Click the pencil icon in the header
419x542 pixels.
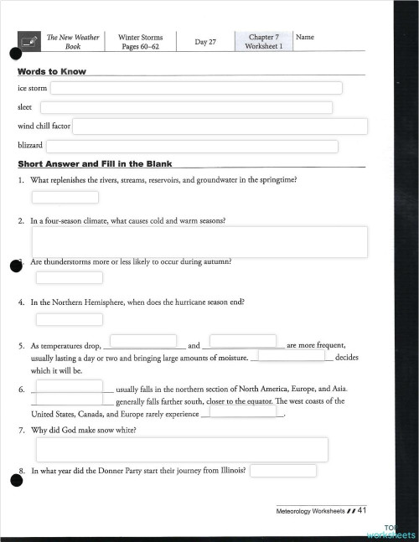(x=28, y=41)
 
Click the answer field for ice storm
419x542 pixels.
(x=196, y=88)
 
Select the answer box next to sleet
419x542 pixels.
(x=186, y=107)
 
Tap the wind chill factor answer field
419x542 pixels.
(x=220, y=126)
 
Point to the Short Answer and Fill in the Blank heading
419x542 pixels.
(x=95, y=163)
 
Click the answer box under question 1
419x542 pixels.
(x=65, y=198)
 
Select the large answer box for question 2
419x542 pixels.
(x=199, y=241)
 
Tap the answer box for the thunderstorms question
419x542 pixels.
(x=69, y=278)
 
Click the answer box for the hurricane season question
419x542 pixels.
(x=69, y=319)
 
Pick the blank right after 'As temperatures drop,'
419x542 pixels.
(x=142, y=341)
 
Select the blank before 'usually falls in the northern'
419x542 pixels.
(x=69, y=386)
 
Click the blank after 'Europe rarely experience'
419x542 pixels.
(x=240, y=411)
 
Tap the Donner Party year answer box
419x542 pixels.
(x=283, y=471)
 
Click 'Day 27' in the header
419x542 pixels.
(x=205, y=42)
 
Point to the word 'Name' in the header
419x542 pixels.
(x=305, y=38)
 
